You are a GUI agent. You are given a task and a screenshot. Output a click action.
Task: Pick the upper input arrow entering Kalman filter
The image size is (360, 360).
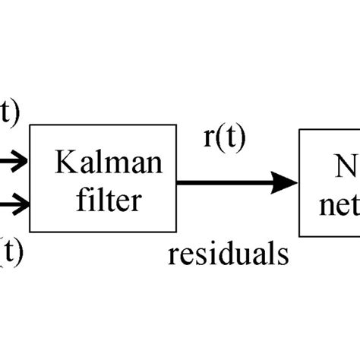coord(14,160)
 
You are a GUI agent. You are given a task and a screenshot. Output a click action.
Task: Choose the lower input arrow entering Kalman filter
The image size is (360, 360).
coord(14,203)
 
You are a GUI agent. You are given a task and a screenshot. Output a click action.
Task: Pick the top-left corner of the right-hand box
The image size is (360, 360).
coord(299,129)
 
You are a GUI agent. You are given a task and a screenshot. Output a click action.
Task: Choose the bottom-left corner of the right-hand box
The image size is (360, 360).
coord(299,235)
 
